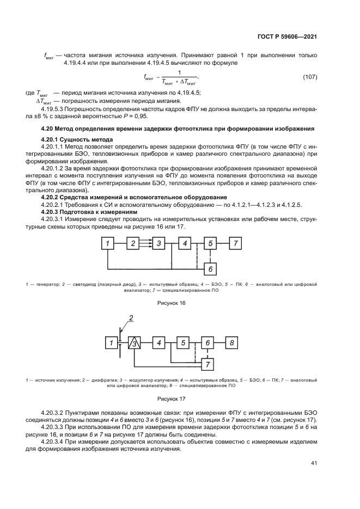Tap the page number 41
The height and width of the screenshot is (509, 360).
point(313,464)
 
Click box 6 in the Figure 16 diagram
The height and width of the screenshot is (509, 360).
point(210,268)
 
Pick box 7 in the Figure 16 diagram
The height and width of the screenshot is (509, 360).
point(235,243)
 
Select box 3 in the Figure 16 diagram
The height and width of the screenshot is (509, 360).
point(158,243)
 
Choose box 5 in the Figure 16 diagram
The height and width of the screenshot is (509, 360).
point(210,243)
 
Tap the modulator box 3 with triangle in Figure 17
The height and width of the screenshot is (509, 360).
point(135,342)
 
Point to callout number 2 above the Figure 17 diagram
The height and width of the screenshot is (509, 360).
point(131,317)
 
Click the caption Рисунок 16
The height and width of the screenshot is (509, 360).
point(172,303)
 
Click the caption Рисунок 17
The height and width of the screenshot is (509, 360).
point(172,398)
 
